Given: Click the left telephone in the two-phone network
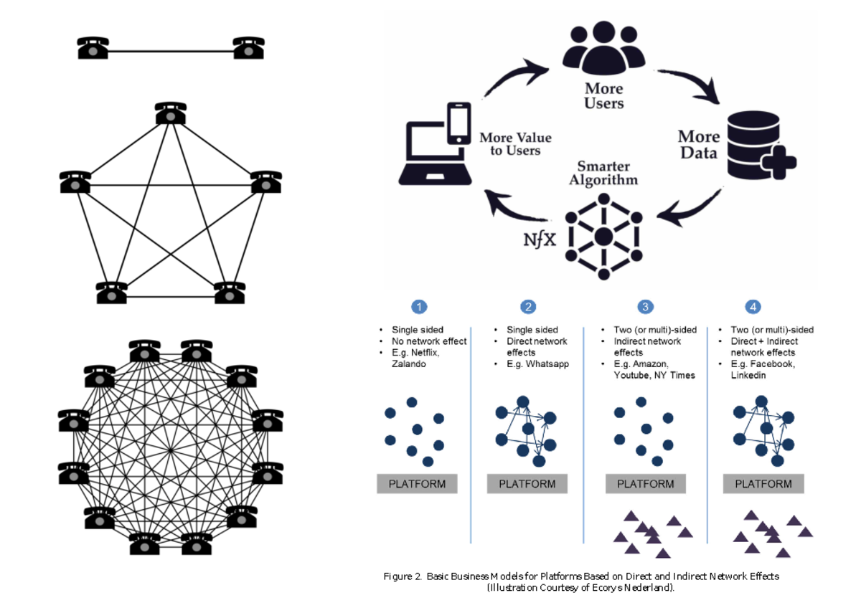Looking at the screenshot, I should (93, 48).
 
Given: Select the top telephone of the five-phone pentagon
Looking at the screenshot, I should (171, 113).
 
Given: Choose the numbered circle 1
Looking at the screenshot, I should (419, 307).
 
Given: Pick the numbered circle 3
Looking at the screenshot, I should (646, 307).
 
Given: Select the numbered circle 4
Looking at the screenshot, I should (753, 307).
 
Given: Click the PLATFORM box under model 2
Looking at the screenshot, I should (527, 484).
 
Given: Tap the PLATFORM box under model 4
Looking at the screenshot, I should (763, 484).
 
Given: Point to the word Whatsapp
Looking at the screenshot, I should (547, 364).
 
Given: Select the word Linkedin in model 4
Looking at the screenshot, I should (748, 376).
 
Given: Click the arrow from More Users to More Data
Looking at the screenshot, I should (707, 89).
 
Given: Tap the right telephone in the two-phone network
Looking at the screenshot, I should (248, 48).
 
